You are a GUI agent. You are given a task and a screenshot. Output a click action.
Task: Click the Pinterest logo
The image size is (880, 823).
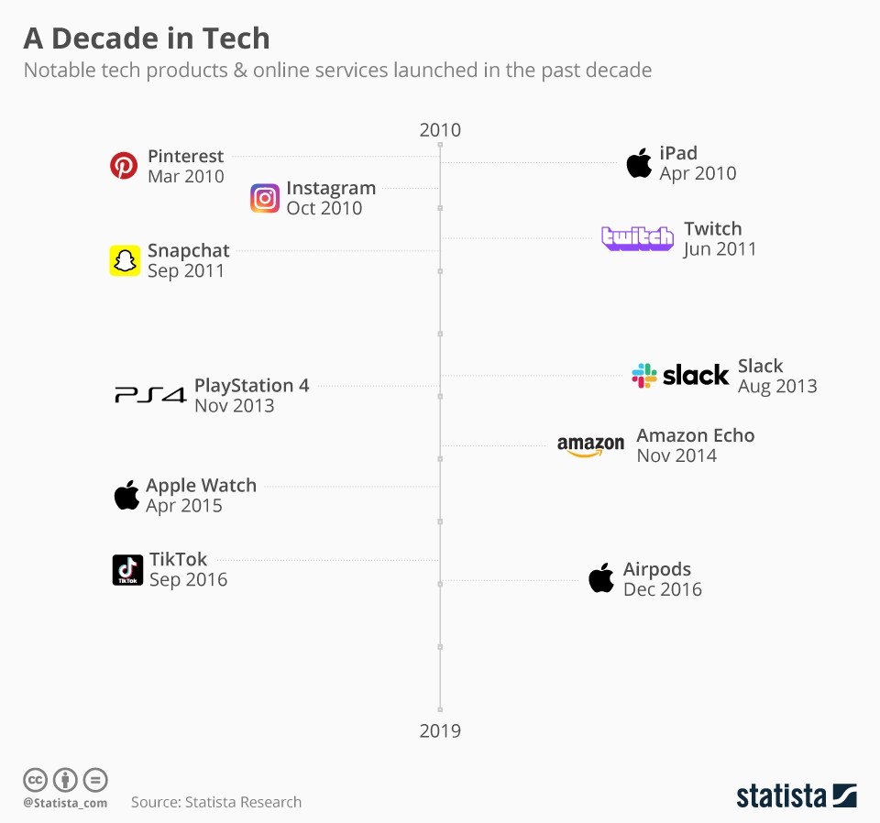pyautogui.click(x=124, y=166)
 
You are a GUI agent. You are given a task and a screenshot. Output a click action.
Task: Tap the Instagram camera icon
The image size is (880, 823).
pyautogui.click(x=265, y=198)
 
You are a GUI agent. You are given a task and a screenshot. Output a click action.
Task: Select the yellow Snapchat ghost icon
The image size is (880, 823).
pyautogui.click(x=125, y=260)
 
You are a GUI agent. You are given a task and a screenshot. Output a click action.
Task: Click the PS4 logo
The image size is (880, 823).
pyautogui.click(x=150, y=396)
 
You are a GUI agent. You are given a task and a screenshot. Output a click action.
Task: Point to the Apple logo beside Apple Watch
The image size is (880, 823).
pyautogui.click(x=126, y=495)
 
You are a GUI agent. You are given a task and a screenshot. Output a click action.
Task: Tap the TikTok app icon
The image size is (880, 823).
pyautogui.click(x=127, y=569)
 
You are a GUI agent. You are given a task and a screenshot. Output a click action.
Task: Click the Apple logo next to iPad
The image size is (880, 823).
pyautogui.click(x=639, y=163)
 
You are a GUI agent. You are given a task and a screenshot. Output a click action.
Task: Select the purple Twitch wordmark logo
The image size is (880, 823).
pyautogui.click(x=637, y=238)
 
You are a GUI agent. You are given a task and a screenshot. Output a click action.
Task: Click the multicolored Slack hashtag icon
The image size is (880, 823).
pyautogui.click(x=644, y=375)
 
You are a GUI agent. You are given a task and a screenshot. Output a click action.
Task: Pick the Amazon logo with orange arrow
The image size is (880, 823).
pyautogui.click(x=590, y=446)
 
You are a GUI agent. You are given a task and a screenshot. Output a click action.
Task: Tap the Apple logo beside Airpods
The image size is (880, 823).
pyautogui.click(x=601, y=578)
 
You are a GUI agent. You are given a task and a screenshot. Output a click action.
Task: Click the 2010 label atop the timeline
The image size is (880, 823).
pyautogui.click(x=440, y=130)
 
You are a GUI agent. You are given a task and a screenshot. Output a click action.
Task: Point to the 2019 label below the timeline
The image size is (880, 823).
pyautogui.click(x=440, y=730)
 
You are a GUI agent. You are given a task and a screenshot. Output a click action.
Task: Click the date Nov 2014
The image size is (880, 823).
pyautogui.click(x=676, y=455)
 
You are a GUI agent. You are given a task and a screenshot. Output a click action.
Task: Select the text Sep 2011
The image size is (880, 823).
pyautogui.click(x=185, y=270)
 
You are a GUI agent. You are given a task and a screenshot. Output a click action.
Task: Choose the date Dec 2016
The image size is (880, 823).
pyautogui.click(x=662, y=589)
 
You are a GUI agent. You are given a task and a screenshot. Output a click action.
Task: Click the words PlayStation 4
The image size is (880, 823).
pyautogui.click(x=251, y=385)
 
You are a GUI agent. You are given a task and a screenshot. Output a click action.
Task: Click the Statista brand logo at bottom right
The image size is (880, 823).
pyautogui.click(x=796, y=796)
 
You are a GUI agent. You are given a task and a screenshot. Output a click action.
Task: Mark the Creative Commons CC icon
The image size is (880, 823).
pyautogui.click(x=35, y=780)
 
